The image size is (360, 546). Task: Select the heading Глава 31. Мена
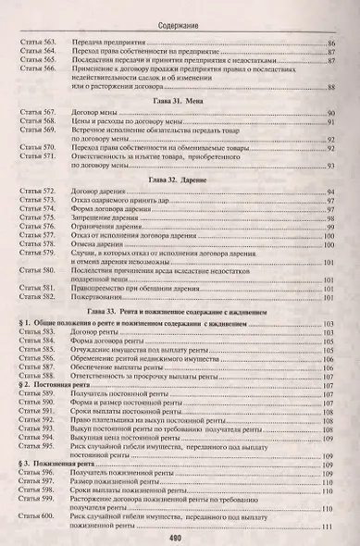[181, 96]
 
